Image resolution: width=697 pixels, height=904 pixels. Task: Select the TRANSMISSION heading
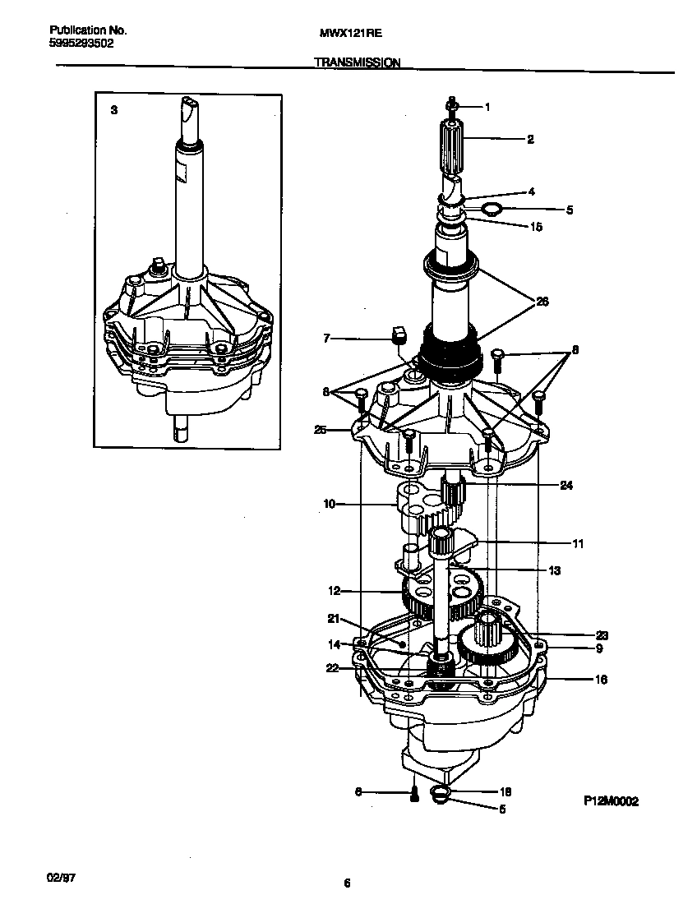click(357, 62)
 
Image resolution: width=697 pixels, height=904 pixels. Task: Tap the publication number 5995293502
click(76, 44)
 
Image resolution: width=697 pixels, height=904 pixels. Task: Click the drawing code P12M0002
click(611, 801)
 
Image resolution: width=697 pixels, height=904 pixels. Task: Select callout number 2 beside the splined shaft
click(530, 140)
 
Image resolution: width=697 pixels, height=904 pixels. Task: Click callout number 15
click(536, 227)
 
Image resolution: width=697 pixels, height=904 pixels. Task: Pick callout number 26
click(542, 302)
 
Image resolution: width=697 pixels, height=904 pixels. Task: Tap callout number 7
click(326, 338)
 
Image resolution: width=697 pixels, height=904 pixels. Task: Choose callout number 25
click(321, 429)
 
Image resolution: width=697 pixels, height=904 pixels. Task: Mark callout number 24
click(565, 485)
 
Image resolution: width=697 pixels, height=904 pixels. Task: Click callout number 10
click(329, 504)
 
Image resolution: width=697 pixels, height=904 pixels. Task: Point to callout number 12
click(334, 590)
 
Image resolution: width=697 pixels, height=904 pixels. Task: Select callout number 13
click(554, 570)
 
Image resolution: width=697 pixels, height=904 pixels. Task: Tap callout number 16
click(600, 680)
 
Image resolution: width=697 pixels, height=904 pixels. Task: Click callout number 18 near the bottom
click(505, 792)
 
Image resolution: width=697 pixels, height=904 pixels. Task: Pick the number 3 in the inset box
click(113, 109)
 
